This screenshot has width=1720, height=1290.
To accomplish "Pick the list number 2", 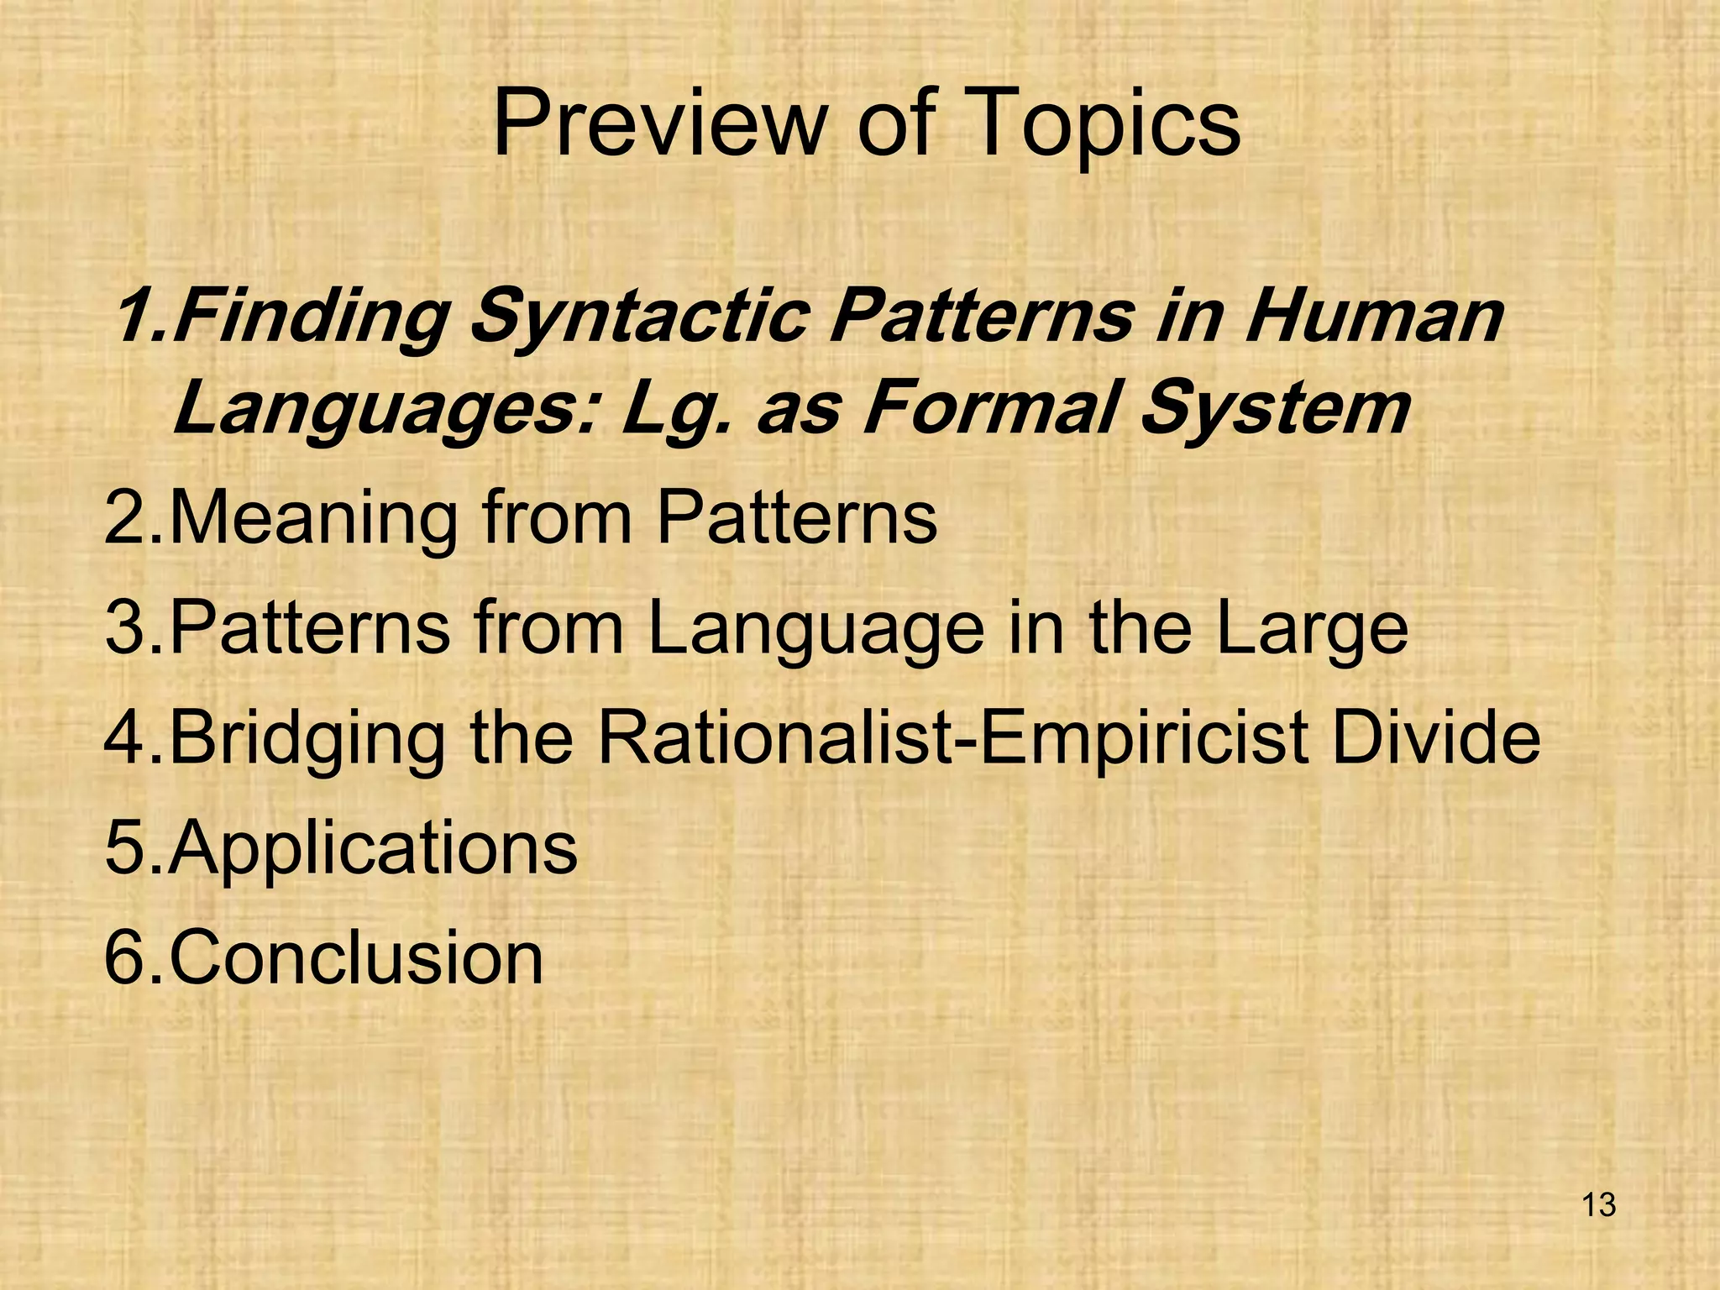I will coord(126,518).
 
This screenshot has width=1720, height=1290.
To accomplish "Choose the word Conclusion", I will coord(357,957).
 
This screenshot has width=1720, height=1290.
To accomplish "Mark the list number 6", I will coord(126,957).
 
